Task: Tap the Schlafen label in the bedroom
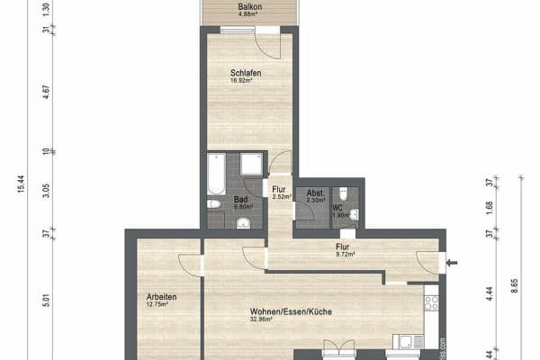245,72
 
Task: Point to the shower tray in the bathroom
252,164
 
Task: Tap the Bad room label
240,199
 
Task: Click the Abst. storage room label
315,193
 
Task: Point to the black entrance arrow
452,263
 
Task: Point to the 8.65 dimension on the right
514,285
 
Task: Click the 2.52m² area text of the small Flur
282,196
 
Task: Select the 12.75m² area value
158,305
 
